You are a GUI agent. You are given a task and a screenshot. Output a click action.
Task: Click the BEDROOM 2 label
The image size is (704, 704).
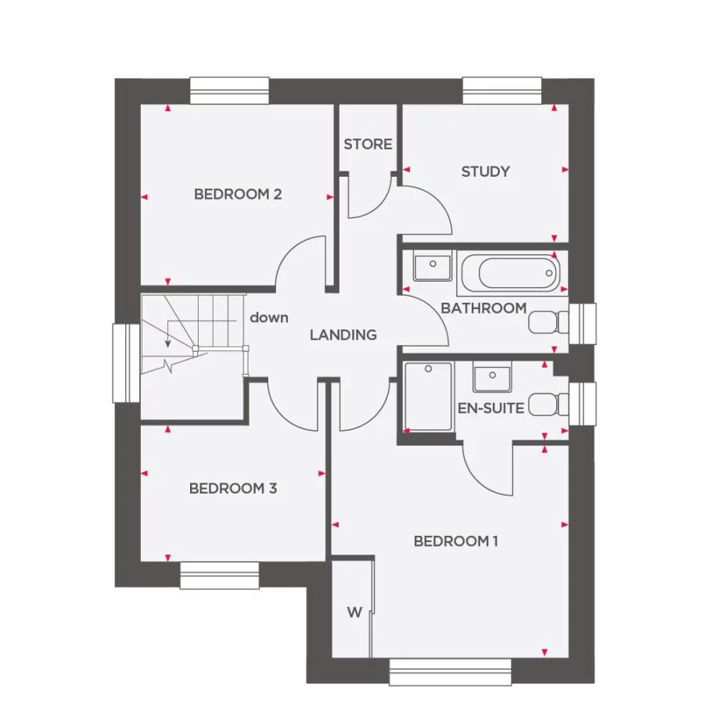point(238,194)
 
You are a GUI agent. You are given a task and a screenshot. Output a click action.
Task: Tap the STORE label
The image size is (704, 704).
point(368,145)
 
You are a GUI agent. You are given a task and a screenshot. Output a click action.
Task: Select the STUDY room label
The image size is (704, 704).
point(485,171)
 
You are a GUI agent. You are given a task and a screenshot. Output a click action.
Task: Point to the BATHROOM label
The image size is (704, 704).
point(483,308)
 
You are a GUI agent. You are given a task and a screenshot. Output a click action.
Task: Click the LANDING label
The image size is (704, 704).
point(343,335)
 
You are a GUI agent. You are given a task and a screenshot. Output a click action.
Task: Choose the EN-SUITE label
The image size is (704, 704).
point(490,407)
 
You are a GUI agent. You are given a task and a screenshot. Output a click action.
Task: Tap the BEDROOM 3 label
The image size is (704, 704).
point(233,489)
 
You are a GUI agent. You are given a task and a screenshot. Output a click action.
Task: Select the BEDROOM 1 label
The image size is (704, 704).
point(456,541)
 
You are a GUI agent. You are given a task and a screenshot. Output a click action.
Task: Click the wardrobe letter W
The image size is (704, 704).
point(354,612)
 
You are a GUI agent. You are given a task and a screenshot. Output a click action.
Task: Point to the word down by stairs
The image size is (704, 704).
point(269,318)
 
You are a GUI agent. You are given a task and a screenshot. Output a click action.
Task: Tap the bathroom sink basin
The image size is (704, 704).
point(432,267)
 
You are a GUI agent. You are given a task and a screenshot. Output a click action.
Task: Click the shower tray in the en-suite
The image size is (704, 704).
point(428,396)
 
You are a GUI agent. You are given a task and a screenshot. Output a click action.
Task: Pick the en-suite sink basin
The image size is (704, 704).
point(492,376)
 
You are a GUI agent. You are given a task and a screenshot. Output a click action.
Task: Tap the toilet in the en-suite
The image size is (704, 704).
point(549,404)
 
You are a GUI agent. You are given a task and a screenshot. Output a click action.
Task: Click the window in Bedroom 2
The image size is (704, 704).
point(230,91)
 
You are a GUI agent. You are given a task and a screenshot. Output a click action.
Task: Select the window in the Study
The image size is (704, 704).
point(502,91)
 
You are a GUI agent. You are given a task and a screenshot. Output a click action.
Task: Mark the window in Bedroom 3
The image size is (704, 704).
point(219,575)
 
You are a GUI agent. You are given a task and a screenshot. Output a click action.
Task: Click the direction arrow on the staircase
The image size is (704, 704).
point(167,335)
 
